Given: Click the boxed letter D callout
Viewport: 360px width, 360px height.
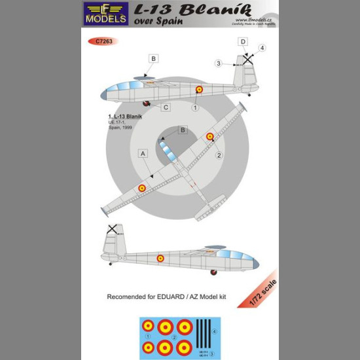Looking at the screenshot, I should click(244, 43).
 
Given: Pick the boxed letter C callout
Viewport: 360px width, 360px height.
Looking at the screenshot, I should click(166, 107).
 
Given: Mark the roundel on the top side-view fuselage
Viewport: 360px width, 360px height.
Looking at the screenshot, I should click(200, 90).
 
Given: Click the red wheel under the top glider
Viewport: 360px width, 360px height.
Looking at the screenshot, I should click(148, 103).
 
